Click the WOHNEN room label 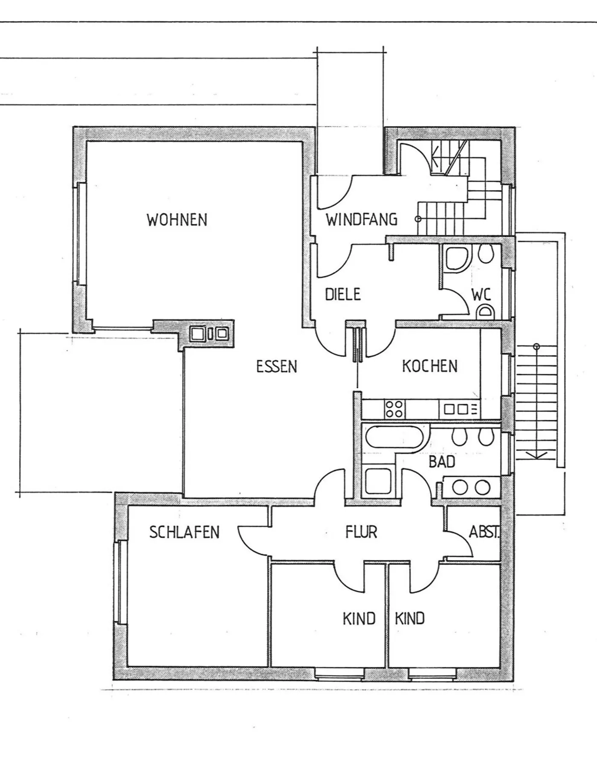click(x=177, y=220)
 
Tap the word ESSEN click(x=276, y=367)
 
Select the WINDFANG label click(x=362, y=220)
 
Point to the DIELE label click(x=342, y=294)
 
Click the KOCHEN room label click(x=429, y=366)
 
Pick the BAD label click(x=442, y=462)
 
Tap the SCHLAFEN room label click(x=184, y=532)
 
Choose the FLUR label click(x=361, y=532)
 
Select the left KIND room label click(x=359, y=618)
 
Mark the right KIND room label click(x=409, y=618)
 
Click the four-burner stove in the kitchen click(x=394, y=409)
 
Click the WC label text click(x=481, y=294)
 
